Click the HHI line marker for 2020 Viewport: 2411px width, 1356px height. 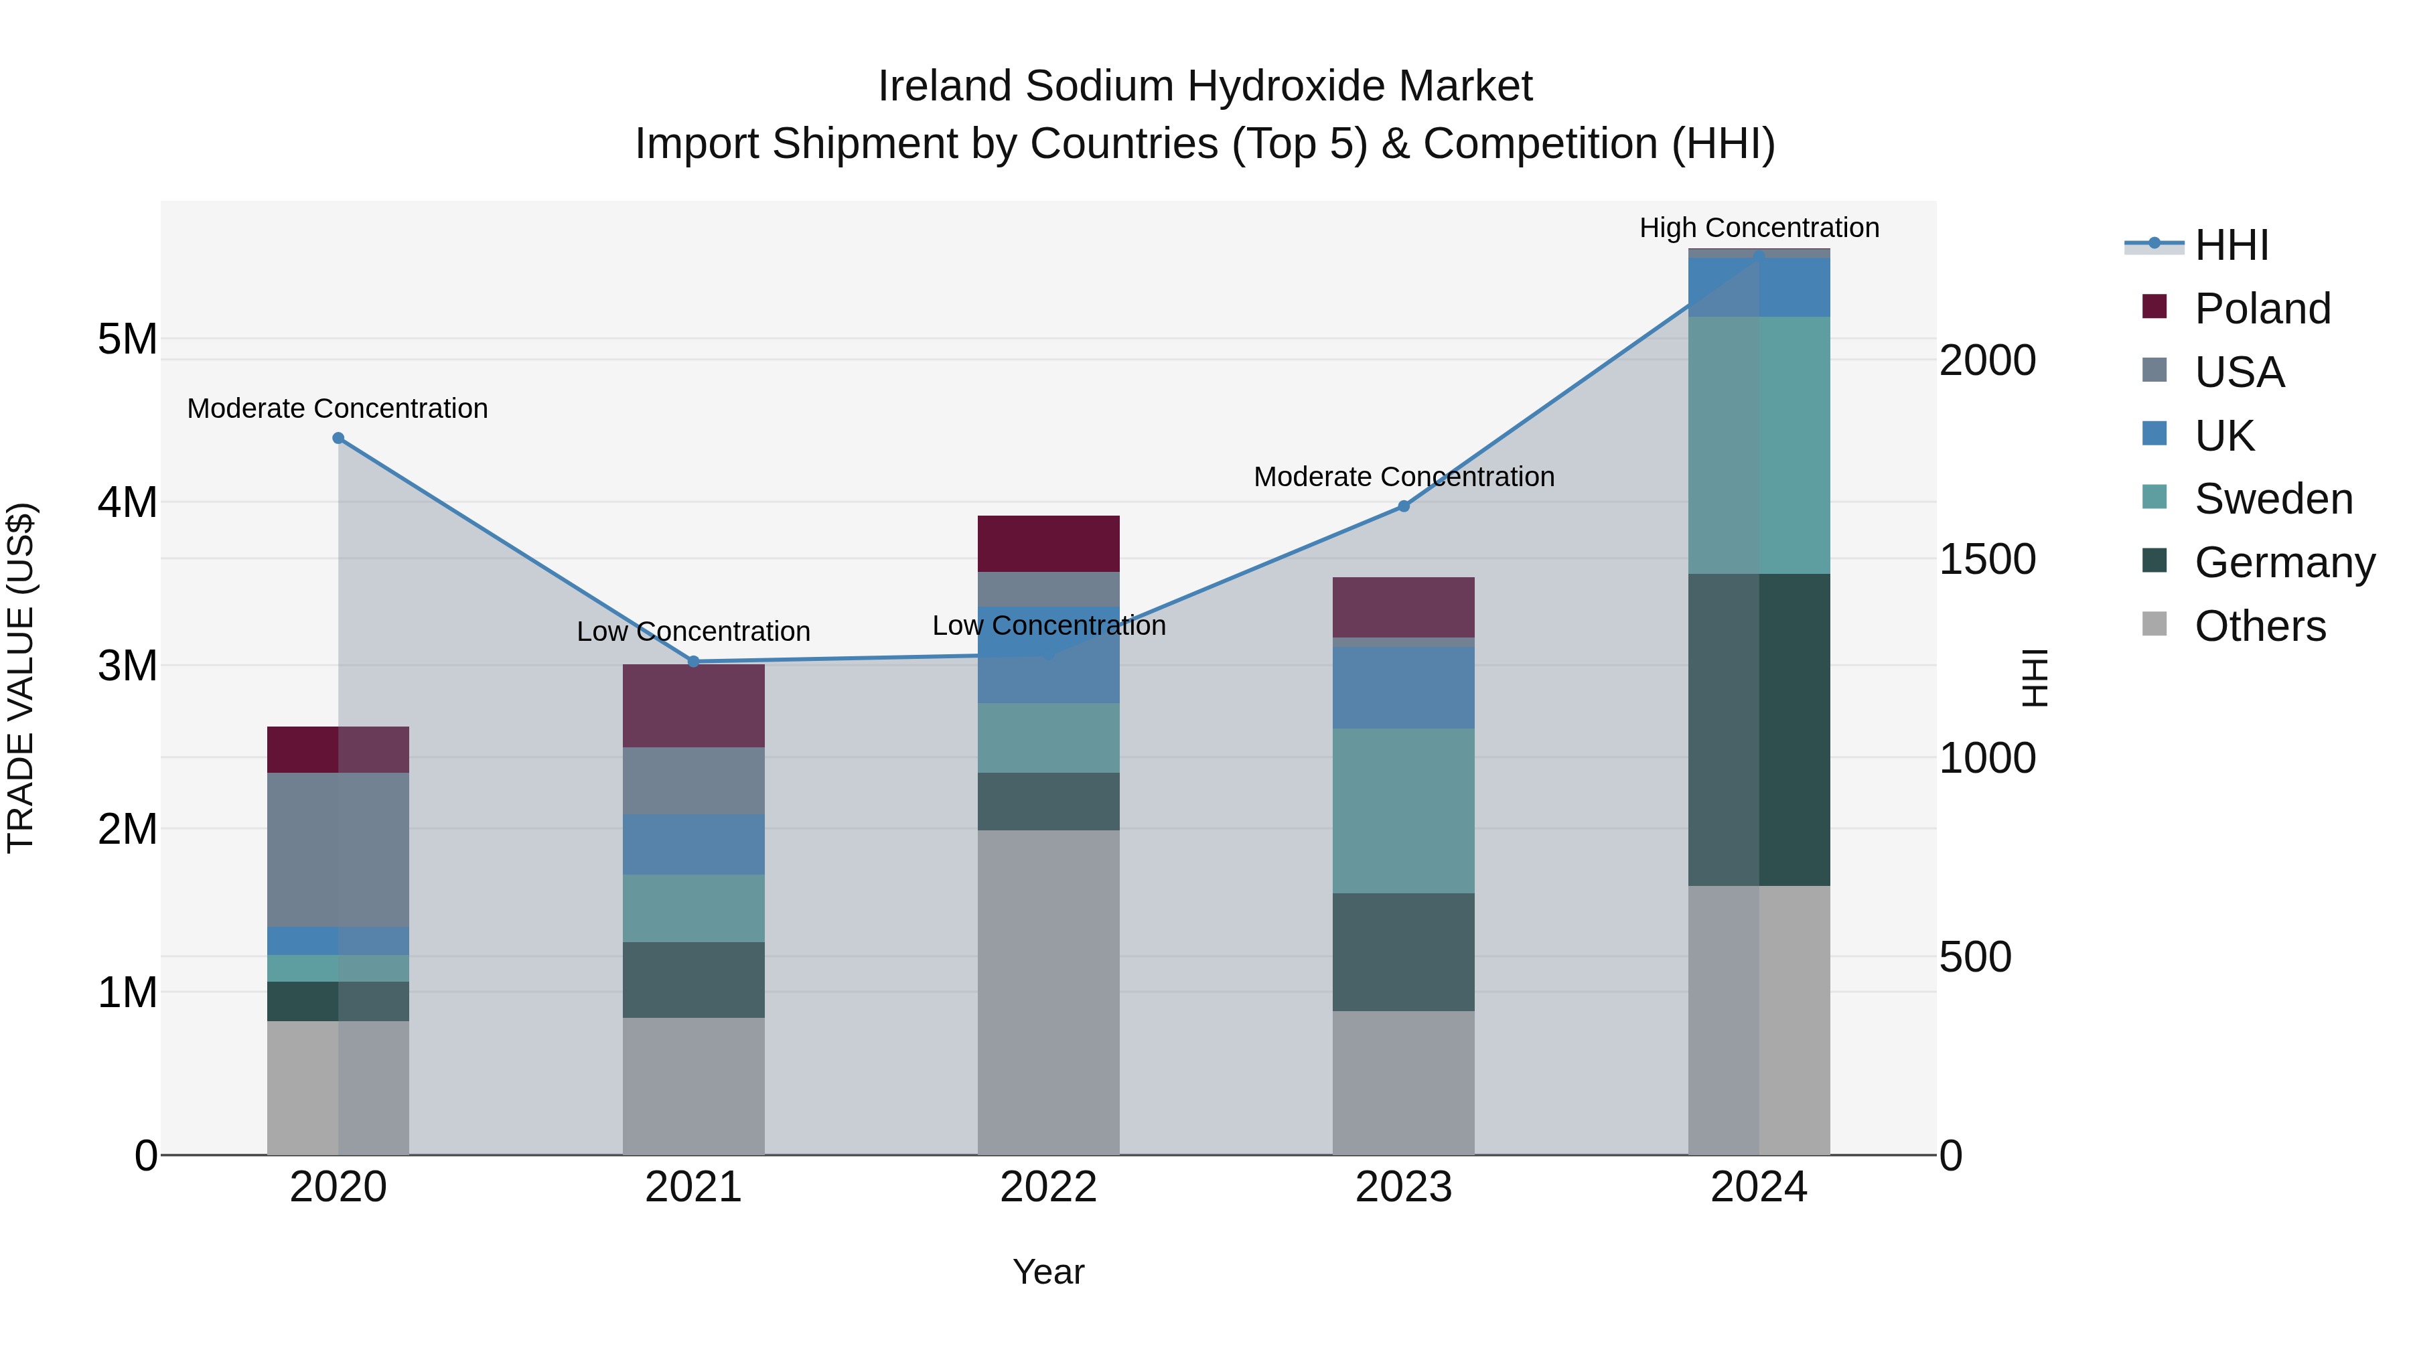(339, 438)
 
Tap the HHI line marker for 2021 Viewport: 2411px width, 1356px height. (694, 662)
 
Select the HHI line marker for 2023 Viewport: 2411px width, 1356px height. (1403, 506)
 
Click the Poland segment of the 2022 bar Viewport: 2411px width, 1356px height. (1048, 544)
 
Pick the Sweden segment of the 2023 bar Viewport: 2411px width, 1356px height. (1403, 810)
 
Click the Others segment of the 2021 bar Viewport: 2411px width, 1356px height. (694, 1085)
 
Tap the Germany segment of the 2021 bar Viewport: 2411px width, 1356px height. (694, 980)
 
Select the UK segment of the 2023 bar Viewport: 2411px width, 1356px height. (1403, 687)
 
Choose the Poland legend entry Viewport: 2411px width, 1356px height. (2261, 309)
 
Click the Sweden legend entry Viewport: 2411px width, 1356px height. (2272, 499)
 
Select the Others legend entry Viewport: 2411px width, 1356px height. (2260, 626)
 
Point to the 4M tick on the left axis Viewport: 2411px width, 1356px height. (127, 502)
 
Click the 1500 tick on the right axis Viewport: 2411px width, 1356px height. (1987, 560)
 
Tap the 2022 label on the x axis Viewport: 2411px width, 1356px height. (1048, 1187)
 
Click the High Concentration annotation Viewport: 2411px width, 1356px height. (1759, 228)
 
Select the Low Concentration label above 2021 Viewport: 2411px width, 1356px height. (694, 631)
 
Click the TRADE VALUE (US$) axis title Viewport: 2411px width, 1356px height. (21, 678)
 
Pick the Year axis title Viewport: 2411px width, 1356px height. (1048, 1272)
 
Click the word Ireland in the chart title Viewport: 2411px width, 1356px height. (944, 86)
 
